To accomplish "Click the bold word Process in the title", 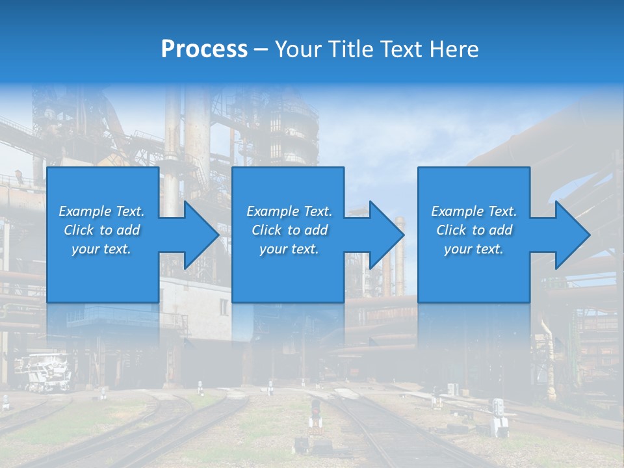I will coord(204,49).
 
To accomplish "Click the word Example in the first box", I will coord(84,211).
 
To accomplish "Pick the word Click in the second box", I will coord(267,230).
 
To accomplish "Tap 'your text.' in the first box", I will coord(101,249).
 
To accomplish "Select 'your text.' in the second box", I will coord(289,249).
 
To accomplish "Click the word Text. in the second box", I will coord(318,211).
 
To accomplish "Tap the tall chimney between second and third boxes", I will coord(400,253).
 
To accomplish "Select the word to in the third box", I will coord(479,230).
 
